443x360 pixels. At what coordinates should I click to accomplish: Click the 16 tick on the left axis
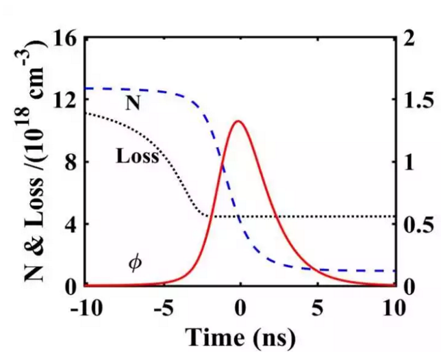click(68, 38)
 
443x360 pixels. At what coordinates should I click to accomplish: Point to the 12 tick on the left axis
click(68, 100)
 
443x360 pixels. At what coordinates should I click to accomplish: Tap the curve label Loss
click(137, 156)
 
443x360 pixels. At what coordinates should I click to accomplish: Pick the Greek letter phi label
click(136, 262)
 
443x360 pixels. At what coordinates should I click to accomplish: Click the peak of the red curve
click(238, 121)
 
